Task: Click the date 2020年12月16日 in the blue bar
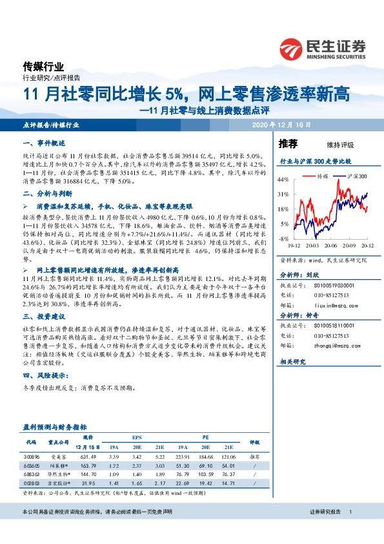tap(282, 125)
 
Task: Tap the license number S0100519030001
tap(334, 284)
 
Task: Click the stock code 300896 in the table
tap(32, 456)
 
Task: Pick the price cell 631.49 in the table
tap(88, 456)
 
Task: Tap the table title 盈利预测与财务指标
tap(55, 428)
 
